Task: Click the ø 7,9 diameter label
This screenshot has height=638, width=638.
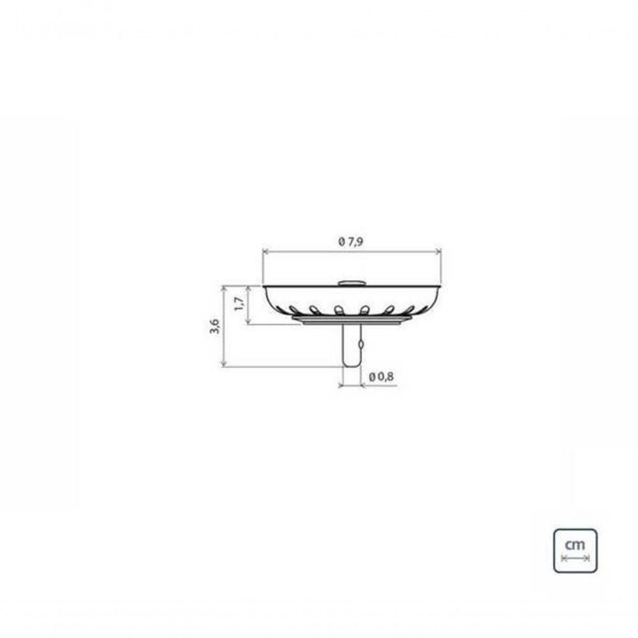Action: point(352,242)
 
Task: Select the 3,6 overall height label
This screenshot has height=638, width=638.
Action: point(215,326)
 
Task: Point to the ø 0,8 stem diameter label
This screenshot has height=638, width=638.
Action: point(381,376)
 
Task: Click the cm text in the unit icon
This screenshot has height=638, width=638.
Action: point(575,545)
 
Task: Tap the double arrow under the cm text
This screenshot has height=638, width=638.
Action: point(575,558)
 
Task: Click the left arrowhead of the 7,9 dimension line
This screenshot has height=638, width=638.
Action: point(265,251)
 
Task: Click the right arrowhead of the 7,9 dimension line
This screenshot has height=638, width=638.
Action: point(438,251)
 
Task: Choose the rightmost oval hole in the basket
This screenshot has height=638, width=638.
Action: point(410,310)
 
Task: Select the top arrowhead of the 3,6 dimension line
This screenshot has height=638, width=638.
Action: point(224,288)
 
